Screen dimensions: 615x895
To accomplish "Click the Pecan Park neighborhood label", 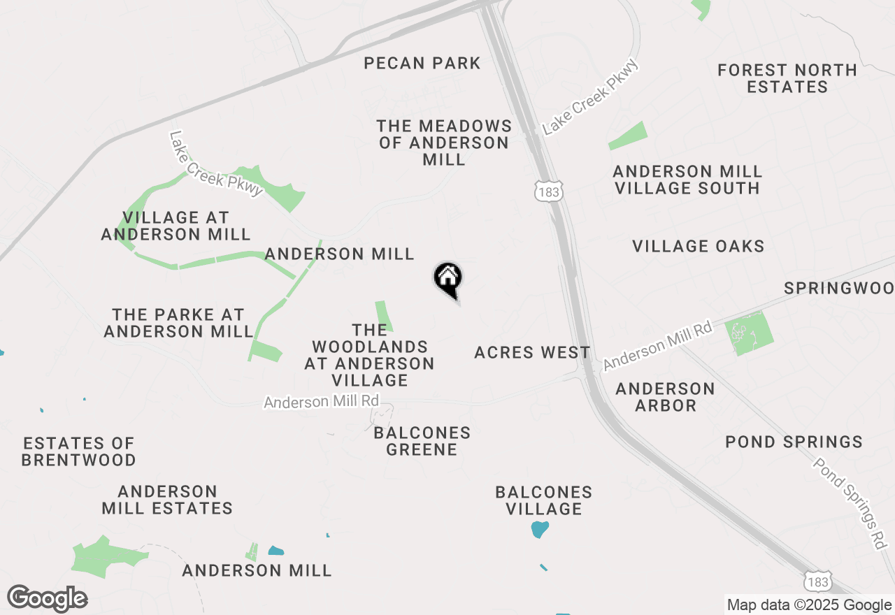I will [x=422, y=64].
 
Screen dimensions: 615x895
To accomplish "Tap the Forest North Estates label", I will [x=787, y=78].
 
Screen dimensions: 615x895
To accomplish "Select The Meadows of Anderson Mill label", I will [x=444, y=143].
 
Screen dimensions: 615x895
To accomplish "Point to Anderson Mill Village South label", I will [x=687, y=180].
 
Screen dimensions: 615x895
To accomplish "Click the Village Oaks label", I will [x=698, y=246].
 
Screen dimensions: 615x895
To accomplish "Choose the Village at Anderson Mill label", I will [x=176, y=226].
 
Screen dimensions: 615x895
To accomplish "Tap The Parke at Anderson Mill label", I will [x=178, y=323].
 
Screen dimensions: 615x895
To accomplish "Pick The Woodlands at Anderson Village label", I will [x=369, y=355].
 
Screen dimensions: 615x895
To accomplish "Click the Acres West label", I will [x=532, y=352].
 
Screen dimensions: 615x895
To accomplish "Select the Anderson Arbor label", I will [x=665, y=397].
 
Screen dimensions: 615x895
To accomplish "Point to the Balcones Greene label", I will [x=422, y=441].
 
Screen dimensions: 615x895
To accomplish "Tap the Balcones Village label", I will [x=543, y=500].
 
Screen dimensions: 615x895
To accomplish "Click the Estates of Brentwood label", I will [x=78, y=451].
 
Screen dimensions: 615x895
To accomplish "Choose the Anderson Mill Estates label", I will [x=167, y=500].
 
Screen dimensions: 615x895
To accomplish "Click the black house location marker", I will [x=447, y=277].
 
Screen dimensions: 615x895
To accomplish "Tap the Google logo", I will [x=47, y=599].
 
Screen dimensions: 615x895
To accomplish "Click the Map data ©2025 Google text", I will [x=809, y=605].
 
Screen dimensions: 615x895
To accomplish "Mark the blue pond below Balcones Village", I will [x=539, y=529].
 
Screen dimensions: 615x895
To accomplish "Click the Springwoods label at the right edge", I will [x=839, y=288].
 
